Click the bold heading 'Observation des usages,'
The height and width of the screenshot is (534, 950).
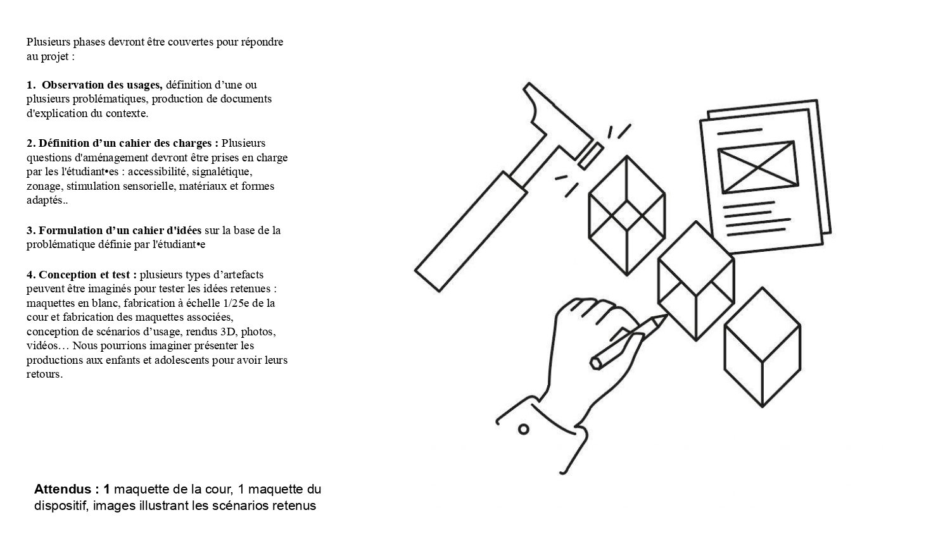click(102, 85)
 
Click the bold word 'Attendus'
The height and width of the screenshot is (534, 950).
click(63, 489)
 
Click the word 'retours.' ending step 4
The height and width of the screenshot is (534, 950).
click(44, 374)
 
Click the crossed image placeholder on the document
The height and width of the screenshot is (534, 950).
click(758, 167)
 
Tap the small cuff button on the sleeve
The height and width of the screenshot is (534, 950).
click(524, 430)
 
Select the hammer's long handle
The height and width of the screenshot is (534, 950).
click(471, 232)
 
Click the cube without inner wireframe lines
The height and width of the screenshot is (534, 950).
click(762, 347)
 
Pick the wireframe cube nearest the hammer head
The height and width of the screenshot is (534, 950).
click(627, 216)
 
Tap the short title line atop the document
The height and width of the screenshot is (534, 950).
click(740, 132)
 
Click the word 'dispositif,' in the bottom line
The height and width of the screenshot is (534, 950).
click(61, 506)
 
